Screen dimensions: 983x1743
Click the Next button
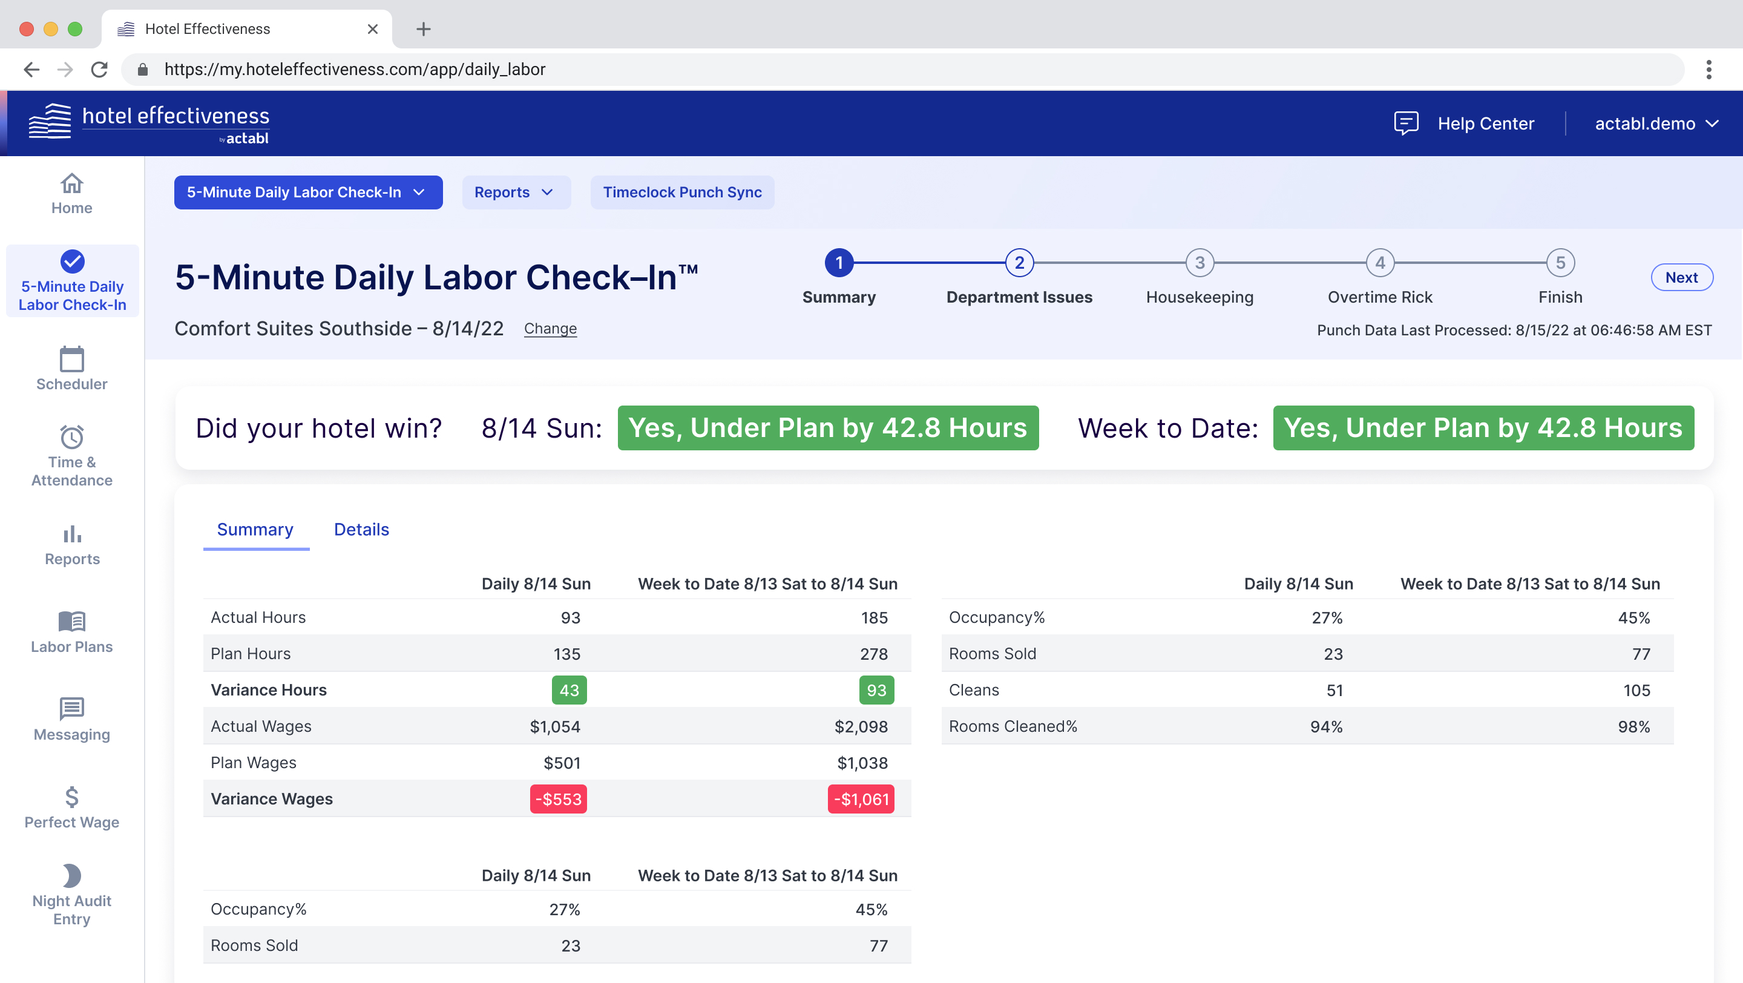point(1681,277)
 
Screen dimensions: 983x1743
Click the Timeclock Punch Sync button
point(681,192)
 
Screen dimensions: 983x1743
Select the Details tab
point(361,529)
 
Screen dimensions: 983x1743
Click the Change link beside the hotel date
point(550,329)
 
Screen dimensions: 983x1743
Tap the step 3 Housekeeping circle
point(1199,263)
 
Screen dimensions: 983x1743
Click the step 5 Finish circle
point(1560,263)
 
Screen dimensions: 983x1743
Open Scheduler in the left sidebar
point(72,369)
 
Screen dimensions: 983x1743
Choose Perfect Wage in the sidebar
point(72,808)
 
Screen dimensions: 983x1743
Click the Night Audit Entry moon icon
point(72,876)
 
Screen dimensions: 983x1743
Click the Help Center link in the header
point(1485,124)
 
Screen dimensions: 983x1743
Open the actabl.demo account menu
point(1655,124)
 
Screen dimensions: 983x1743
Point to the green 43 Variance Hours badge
point(569,690)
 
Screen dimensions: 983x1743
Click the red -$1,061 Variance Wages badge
point(861,799)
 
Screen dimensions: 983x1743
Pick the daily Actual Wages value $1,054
point(555,726)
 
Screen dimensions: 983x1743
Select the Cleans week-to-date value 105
point(1636,690)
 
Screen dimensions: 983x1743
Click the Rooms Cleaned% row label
point(1013,726)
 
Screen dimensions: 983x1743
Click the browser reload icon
point(99,69)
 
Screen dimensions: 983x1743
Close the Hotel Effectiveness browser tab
point(372,29)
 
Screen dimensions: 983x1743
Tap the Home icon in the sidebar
point(72,183)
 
